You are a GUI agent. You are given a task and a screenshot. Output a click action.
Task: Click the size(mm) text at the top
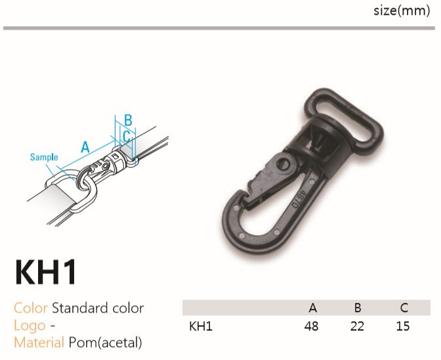click(402, 11)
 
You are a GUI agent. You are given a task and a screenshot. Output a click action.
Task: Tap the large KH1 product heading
click(46, 272)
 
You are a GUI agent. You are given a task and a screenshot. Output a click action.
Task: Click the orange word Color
click(31, 308)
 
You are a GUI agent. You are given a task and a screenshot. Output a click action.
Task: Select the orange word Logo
click(30, 326)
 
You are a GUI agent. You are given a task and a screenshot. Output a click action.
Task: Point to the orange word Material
click(39, 342)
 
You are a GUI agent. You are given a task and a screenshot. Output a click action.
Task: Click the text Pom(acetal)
click(106, 343)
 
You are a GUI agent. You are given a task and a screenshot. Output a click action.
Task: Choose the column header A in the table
click(313, 307)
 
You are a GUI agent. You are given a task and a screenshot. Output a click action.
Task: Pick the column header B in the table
click(358, 307)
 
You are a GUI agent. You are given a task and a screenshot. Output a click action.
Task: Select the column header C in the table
click(404, 307)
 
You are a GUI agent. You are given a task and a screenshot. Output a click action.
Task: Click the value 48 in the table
click(311, 326)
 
